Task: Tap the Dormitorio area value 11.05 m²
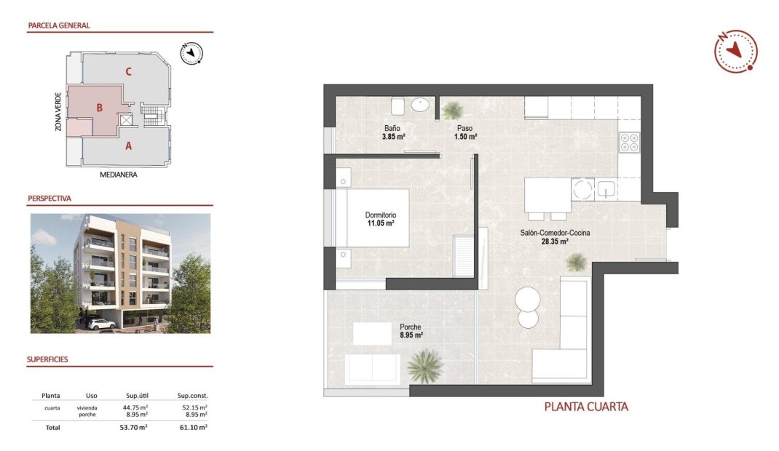tap(379, 223)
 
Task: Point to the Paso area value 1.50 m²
tap(465, 136)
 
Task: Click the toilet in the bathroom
tap(398, 106)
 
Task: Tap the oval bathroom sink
tap(421, 105)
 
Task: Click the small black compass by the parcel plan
tap(191, 52)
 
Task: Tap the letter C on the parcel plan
tap(128, 71)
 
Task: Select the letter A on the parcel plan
tap(128, 145)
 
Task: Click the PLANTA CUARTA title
tap(586, 407)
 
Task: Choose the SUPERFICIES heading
tap(48, 359)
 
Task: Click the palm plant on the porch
tap(426, 366)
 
